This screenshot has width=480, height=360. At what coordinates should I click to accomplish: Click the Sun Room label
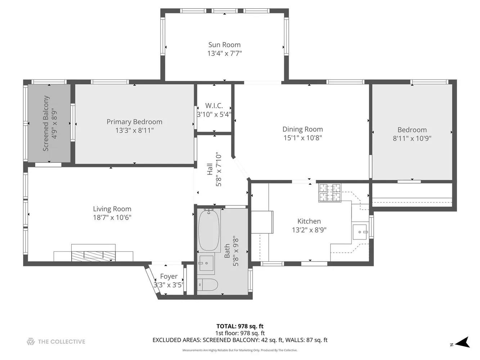click(224, 45)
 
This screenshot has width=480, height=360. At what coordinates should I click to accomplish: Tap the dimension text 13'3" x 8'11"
click(134, 130)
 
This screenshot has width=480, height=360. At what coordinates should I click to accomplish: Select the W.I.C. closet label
click(214, 105)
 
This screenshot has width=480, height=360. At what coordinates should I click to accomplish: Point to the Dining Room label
click(302, 129)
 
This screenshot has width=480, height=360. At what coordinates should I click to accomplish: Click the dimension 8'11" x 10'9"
click(412, 138)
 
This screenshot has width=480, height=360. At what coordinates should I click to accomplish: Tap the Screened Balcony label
click(46, 123)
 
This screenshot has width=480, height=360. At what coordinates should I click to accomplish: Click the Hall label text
click(210, 169)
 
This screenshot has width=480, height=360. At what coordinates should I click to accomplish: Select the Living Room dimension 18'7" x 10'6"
click(112, 217)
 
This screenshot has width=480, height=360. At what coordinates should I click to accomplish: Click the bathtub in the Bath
click(209, 230)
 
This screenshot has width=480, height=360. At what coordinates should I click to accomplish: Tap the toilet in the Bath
click(207, 285)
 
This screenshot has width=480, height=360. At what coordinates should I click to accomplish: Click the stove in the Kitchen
click(329, 193)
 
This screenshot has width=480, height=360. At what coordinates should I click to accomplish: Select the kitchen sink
click(359, 232)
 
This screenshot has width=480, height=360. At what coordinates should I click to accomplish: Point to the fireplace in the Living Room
click(94, 255)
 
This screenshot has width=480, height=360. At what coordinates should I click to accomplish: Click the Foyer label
click(169, 276)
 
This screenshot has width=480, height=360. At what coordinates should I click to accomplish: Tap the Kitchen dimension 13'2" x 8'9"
click(309, 230)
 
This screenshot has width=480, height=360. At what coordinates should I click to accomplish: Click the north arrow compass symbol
click(463, 342)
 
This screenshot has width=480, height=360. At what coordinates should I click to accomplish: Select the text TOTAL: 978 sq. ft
click(240, 327)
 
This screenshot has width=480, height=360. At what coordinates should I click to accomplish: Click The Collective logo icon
click(31, 342)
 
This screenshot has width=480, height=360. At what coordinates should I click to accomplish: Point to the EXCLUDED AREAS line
click(240, 340)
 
